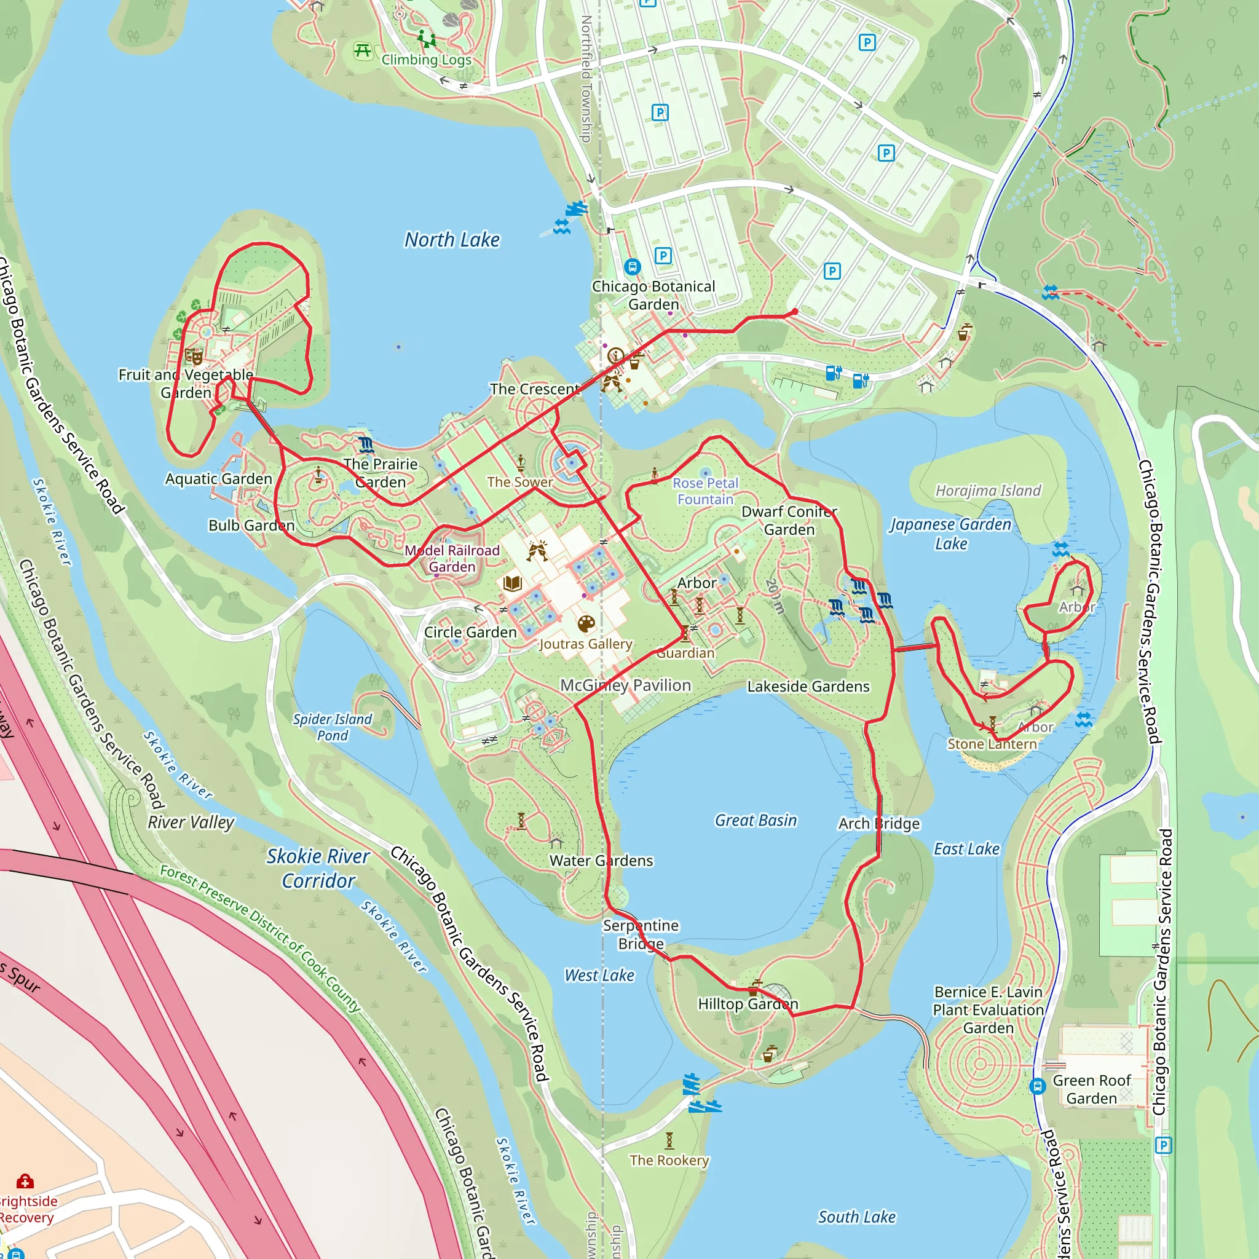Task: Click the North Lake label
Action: click(x=452, y=240)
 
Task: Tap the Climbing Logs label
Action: click(x=426, y=60)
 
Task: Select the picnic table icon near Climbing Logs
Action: click(x=362, y=50)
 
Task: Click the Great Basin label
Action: click(x=756, y=820)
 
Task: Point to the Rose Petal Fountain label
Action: click(x=705, y=491)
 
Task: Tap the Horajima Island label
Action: click(x=988, y=490)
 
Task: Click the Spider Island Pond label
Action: click(x=333, y=727)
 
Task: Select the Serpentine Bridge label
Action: click(x=641, y=934)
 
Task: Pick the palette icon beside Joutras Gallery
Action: click(x=586, y=623)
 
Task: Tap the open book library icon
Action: click(x=512, y=583)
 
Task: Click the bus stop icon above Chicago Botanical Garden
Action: click(x=631, y=267)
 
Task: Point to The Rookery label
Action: click(x=669, y=1160)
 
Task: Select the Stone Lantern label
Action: click(x=991, y=744)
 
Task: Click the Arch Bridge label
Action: click(x=878, y=823)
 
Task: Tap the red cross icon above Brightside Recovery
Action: click(x=25, y=1181)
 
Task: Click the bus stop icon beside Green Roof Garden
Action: click(x=1037, y=1086)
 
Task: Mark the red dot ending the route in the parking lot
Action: click(x=794, y=312)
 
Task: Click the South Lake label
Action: click(x=856, y=1217)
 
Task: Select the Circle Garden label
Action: click(x=470, y=632)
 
